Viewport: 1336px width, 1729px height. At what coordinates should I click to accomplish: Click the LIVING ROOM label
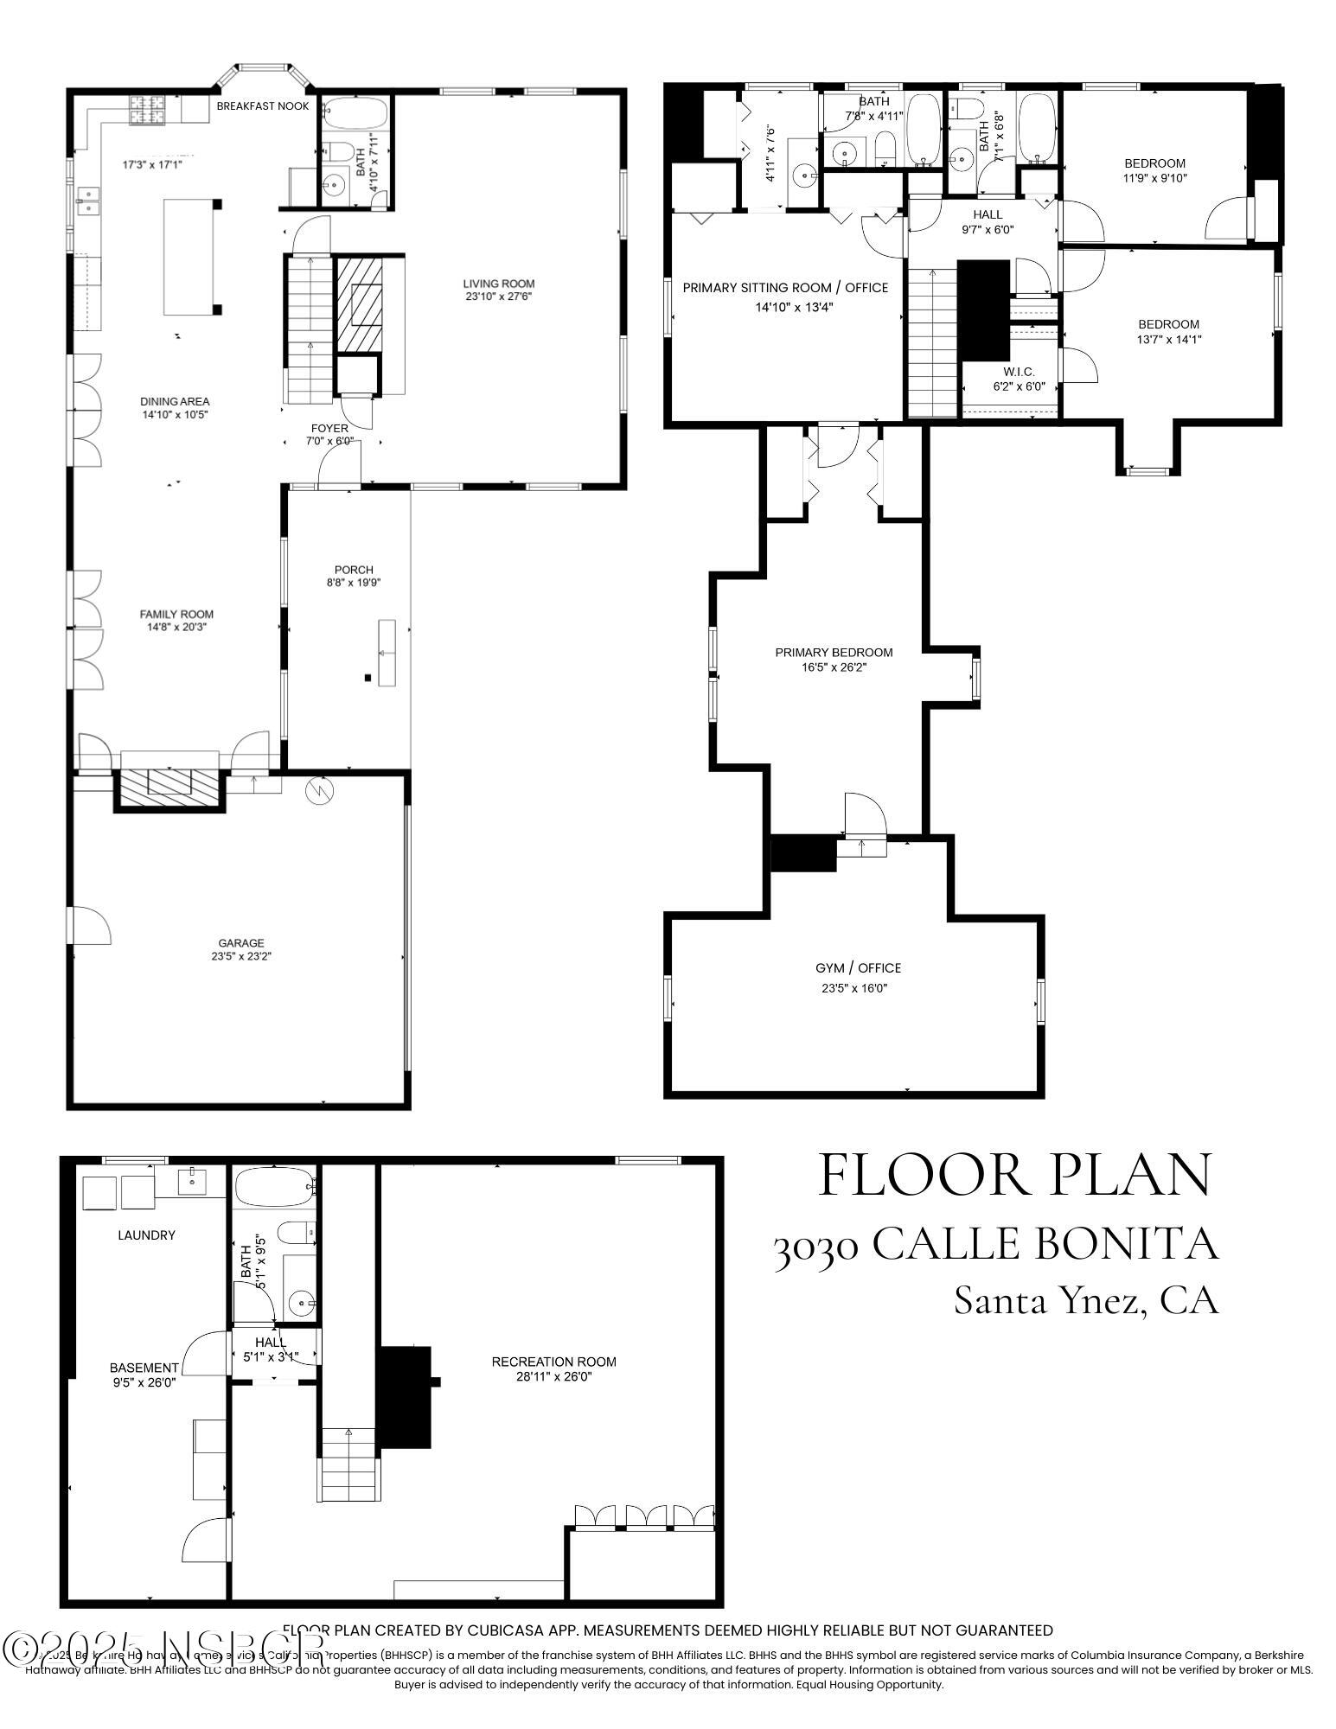[498, 283]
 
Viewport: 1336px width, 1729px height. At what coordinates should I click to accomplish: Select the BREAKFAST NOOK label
[262, 105]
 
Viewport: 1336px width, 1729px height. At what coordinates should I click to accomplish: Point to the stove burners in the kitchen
[147, 110]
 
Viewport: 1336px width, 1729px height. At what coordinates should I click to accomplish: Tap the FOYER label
[329, 428]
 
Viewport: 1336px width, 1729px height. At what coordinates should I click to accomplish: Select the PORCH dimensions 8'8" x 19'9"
[353, 583]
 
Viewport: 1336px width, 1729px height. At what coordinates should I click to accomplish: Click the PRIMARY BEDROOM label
[833, 653]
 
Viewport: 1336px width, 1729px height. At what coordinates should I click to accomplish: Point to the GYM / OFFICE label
[857, 967]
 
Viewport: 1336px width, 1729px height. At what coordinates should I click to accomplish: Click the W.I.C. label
[1018, 372]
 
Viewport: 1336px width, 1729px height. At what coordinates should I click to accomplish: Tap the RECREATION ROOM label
[553, 1362]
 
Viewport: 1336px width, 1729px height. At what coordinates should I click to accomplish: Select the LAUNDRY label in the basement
[146, 1235]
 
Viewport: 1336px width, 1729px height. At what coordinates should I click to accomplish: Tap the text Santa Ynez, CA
[1085, 1300]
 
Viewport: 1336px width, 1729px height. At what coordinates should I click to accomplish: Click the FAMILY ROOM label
[176, 614]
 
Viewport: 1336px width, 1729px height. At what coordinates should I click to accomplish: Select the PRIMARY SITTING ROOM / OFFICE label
[784, 287]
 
